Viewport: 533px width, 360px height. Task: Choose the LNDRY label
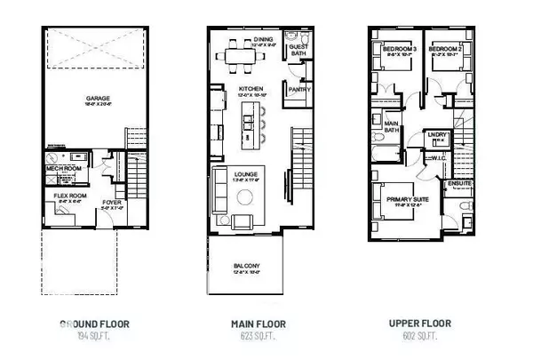[x=436, y=134]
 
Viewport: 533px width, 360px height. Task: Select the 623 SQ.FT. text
[x=247, y=335]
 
